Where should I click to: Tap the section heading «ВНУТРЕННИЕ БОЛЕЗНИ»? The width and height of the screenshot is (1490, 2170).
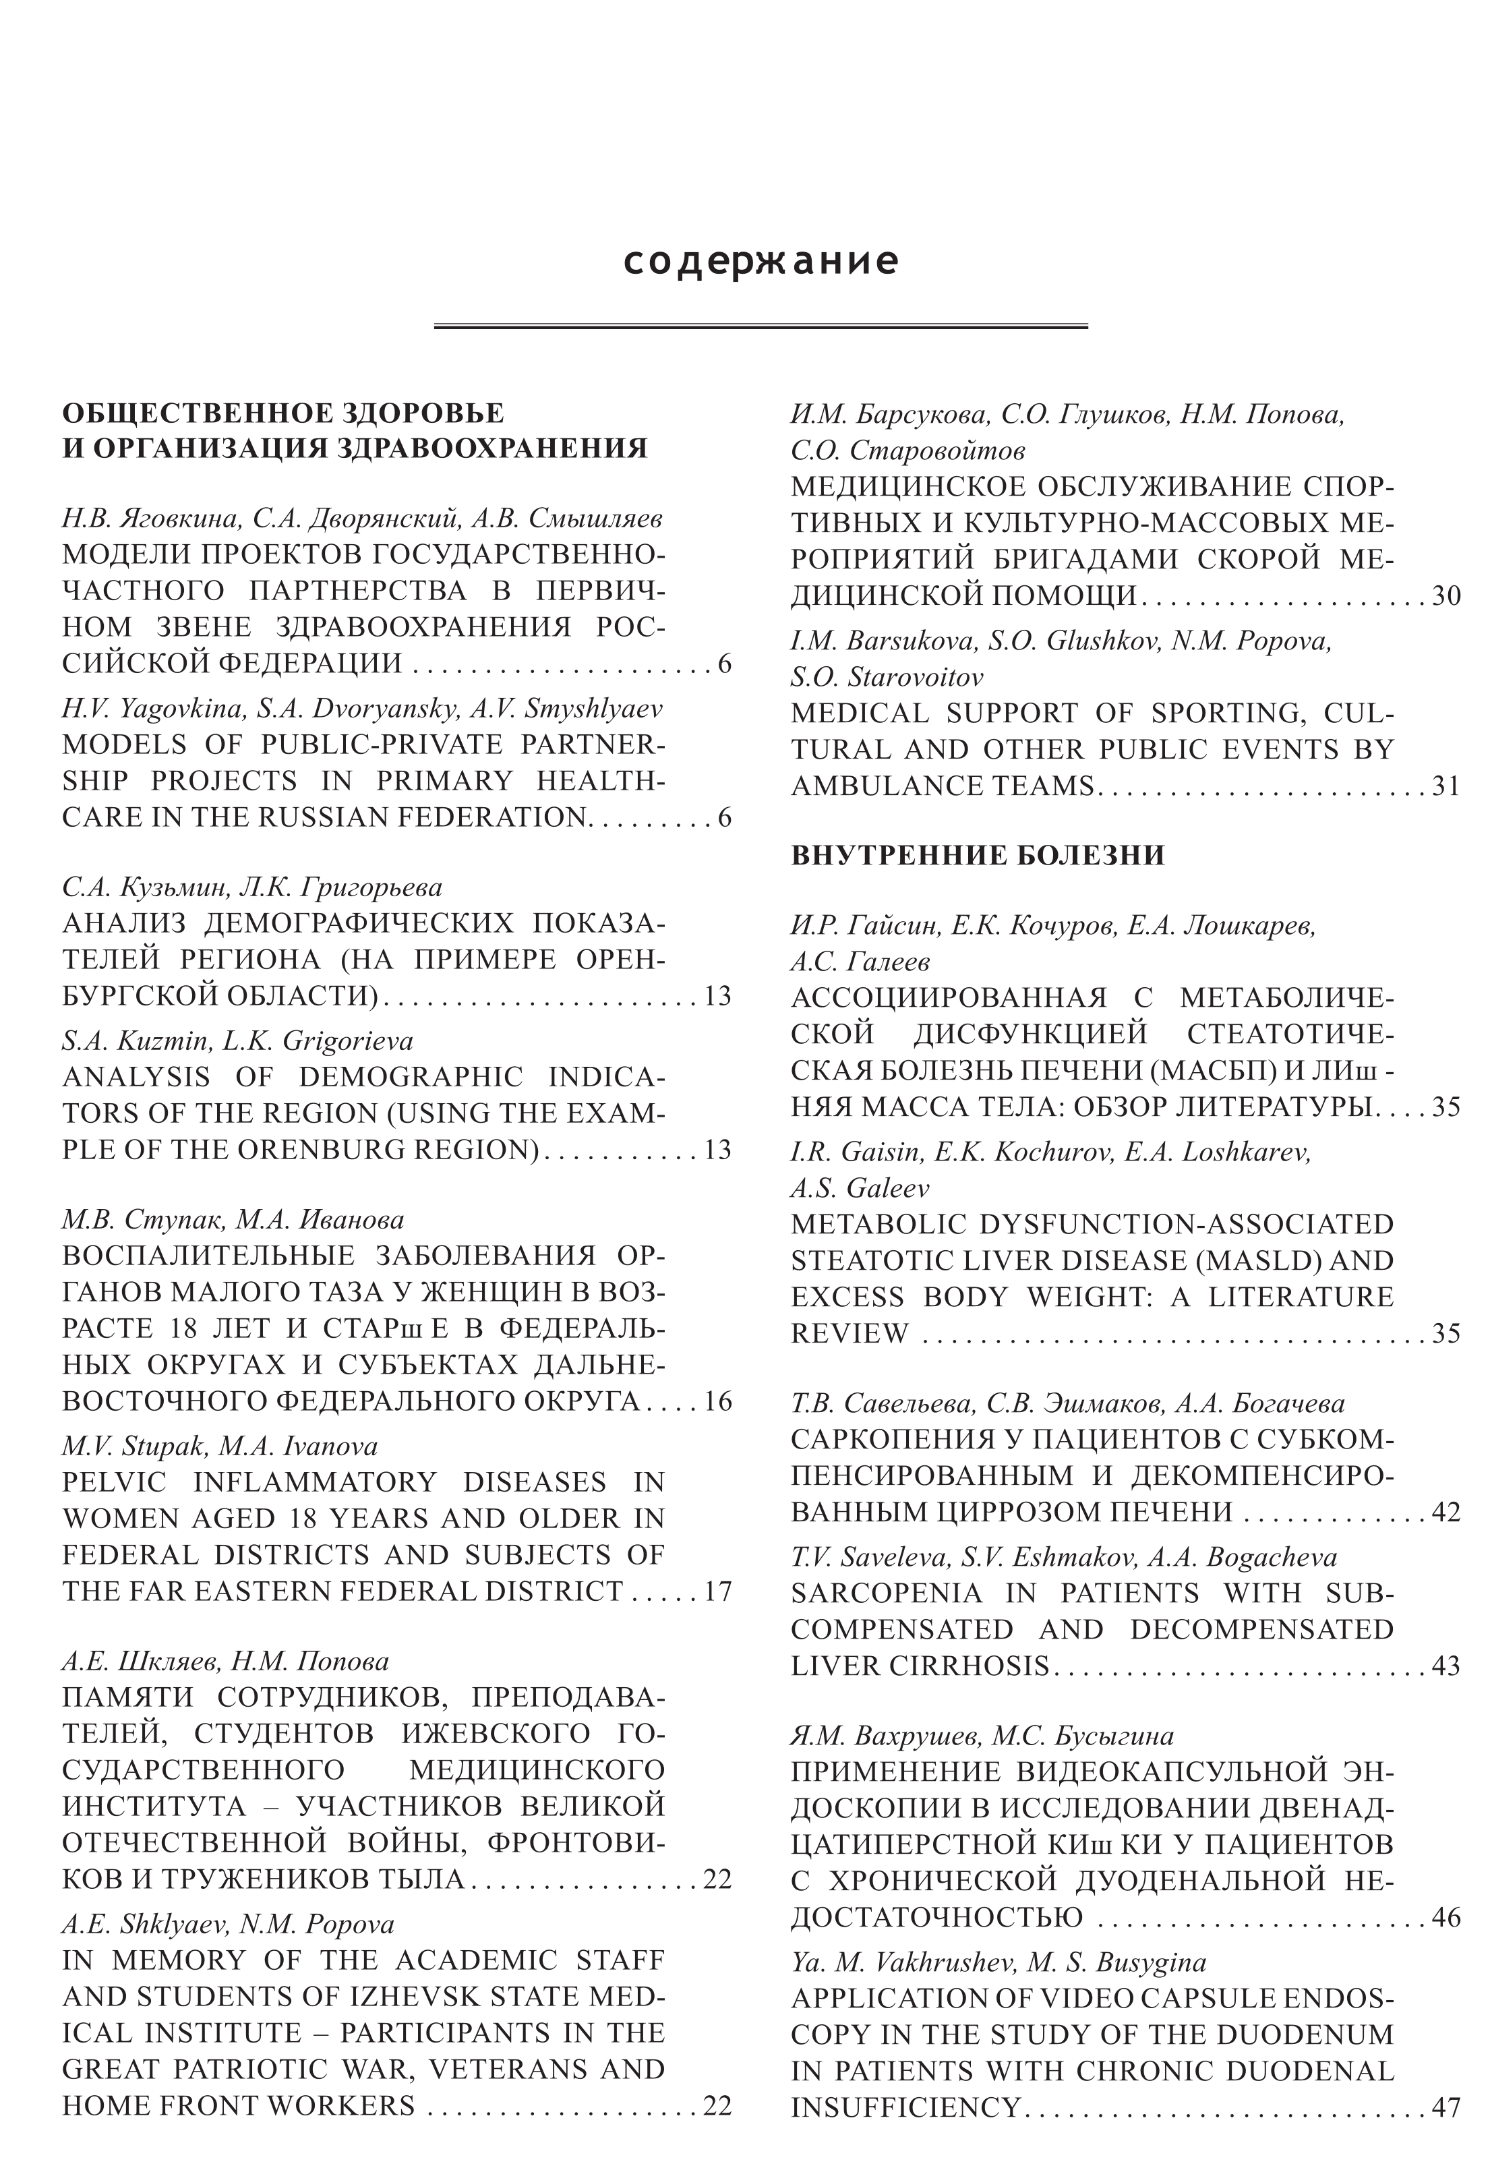978,855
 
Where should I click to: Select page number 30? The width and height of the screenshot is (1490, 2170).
1446,595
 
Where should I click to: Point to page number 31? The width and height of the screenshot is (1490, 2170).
1446,786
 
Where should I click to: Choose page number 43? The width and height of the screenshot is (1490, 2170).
1446,1666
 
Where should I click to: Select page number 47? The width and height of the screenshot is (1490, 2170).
1446,2107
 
